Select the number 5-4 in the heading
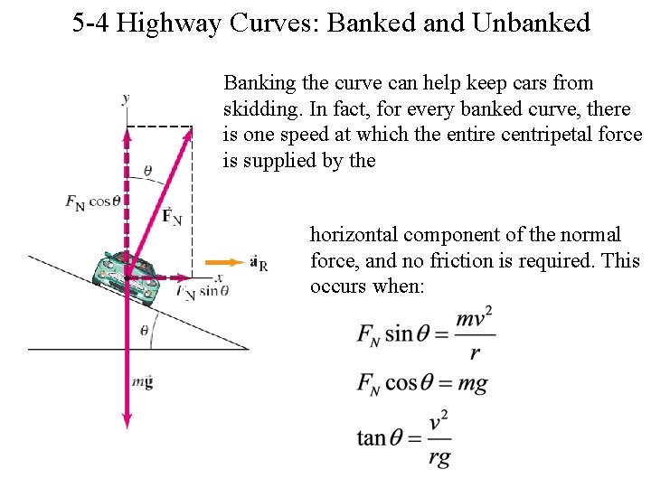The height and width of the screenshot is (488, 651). (90, 23)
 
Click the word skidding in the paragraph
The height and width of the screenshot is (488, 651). (259, 109)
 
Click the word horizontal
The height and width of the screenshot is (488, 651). (354, 235)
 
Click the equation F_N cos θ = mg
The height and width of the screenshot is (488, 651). (421, 382)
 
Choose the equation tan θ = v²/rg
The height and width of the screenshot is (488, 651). (403, 438)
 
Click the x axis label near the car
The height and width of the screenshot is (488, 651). (219, 277)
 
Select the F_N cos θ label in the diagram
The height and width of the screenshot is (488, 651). (92, 202)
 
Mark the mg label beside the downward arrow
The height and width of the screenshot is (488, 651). (142, 381)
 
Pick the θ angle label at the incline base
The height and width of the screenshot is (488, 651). (144, 331)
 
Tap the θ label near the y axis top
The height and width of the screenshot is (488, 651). (147, 171)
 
